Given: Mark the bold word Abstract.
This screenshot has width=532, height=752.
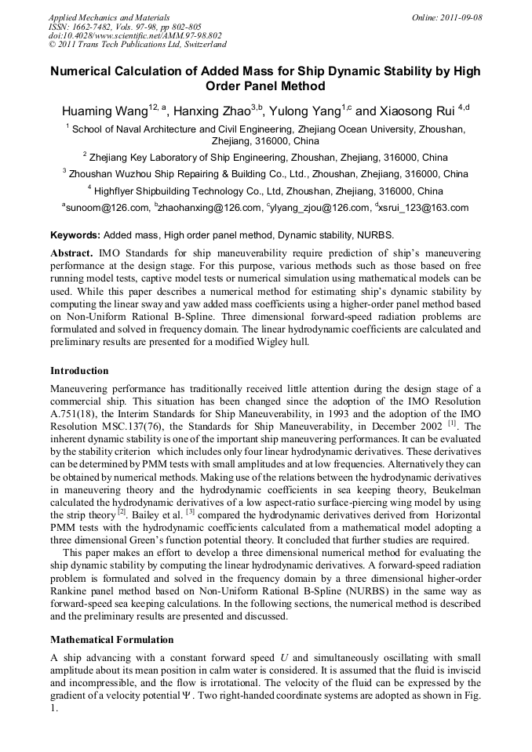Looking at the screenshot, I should (71, 254).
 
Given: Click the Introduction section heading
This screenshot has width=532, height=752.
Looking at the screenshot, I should (79, 370).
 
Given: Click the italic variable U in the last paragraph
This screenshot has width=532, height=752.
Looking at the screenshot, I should (282, 657).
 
